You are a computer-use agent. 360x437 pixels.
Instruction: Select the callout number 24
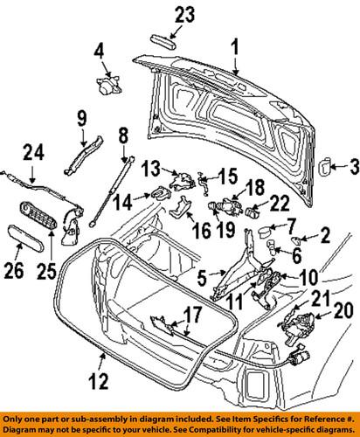(31, 151)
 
